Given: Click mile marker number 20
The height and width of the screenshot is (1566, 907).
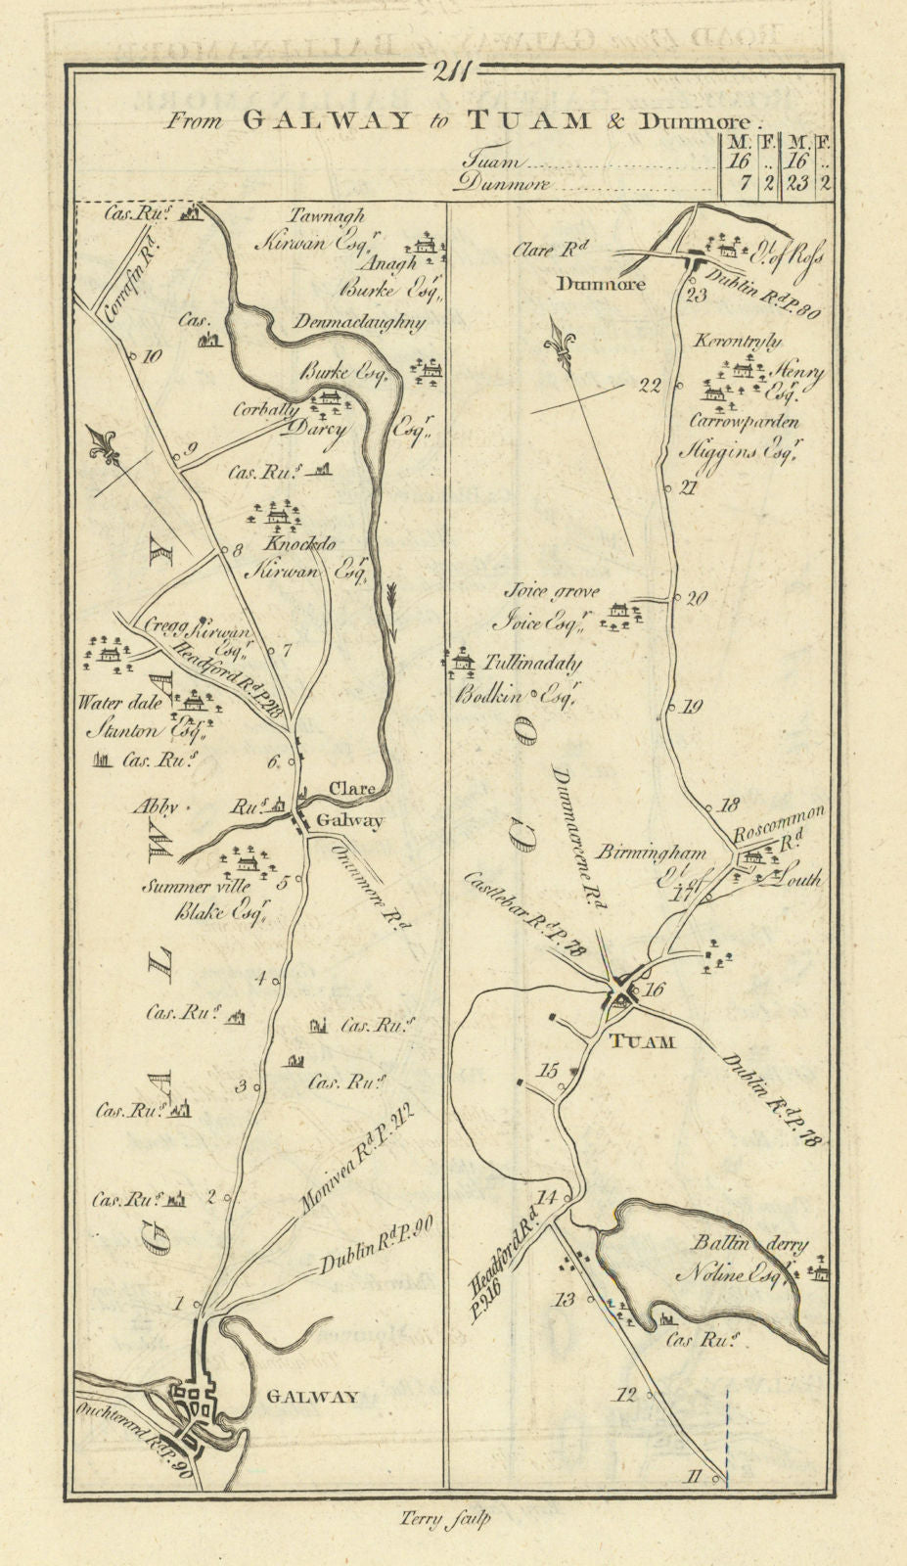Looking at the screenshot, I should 697,600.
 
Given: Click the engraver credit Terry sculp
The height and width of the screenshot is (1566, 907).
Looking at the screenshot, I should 445,1519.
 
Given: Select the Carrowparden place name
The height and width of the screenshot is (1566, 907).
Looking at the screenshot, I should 745,422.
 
